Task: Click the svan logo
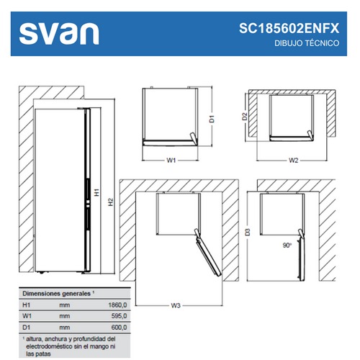[59, 34]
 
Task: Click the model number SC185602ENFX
[289, 28]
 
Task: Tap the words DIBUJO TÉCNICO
[307, 43]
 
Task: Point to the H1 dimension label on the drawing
[96, 192]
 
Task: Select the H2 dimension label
[110, 202]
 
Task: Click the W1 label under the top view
[171, 160]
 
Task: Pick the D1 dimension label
[212, 119]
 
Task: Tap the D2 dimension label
[244, 117]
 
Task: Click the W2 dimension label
[293, 160]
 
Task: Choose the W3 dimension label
[176, 305]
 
